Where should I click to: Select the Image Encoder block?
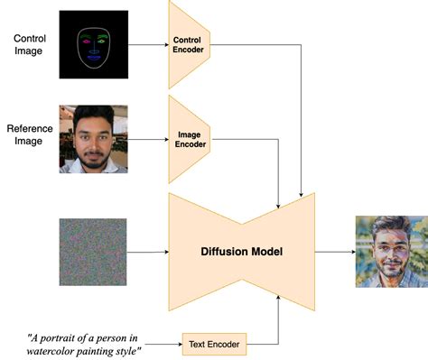point(189,139)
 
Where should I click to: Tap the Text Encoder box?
point(215,342)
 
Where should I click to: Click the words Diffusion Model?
point(242,250)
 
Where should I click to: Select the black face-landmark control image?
point(93,43)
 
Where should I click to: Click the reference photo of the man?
point(93,139)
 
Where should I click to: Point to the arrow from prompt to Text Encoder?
point(163,342)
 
